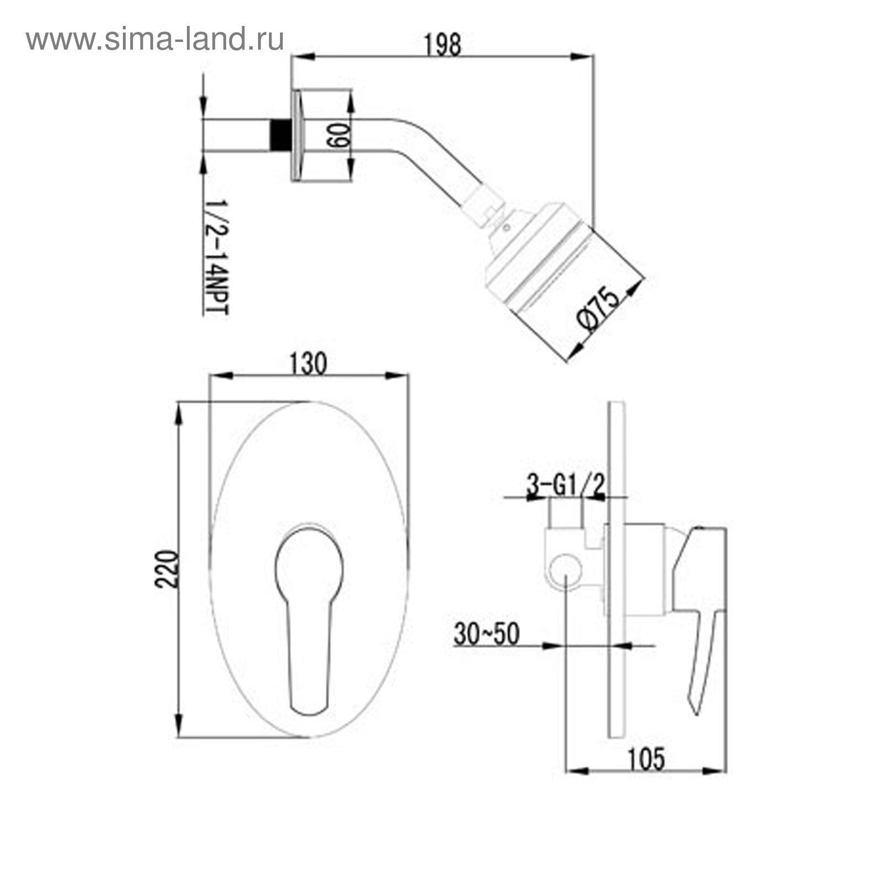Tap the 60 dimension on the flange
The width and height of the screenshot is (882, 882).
(x=336, y=135)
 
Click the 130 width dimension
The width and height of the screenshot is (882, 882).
(x=308, y=363)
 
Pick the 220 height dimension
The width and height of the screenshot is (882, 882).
(x=167, y=569)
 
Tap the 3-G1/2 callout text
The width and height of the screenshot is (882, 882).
(x=566, y=486)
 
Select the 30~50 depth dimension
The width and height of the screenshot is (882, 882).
(x=486, y=634)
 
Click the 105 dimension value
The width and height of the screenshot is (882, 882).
(x=646, y=759)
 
